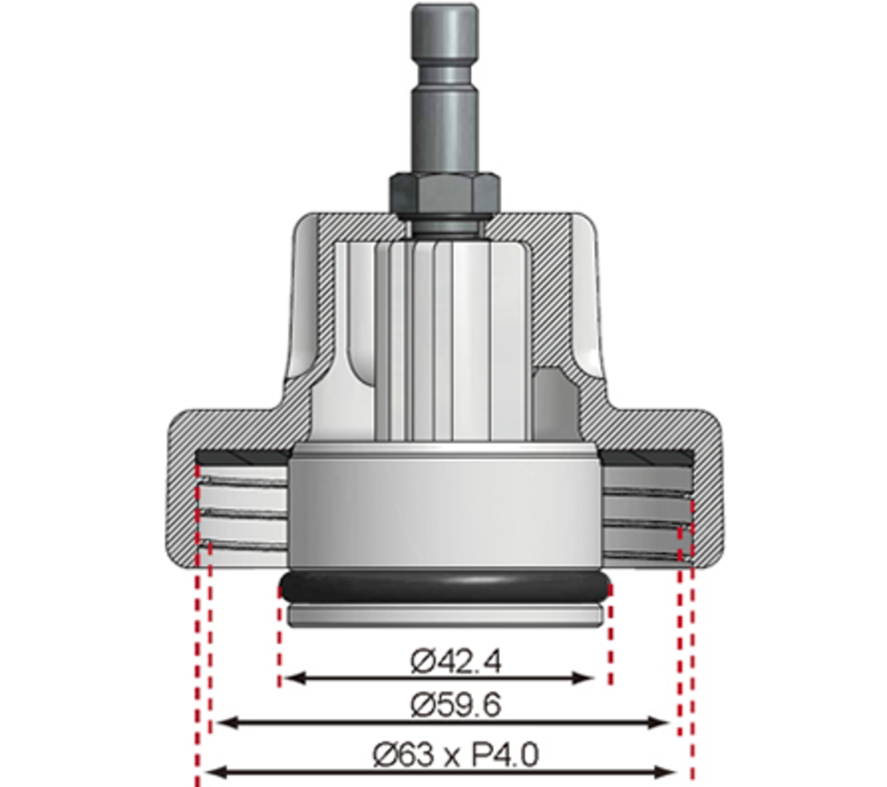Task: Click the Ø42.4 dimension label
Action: (455, 661)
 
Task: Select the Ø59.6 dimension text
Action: (455, 704)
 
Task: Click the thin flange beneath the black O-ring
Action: (445, 616)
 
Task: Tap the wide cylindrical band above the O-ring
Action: (445, 510)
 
